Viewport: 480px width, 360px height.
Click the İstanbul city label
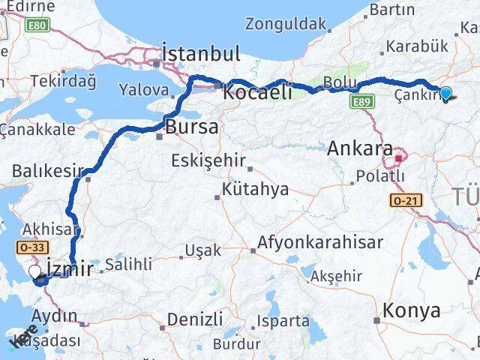coord(202,54)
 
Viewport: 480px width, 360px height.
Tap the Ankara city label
coord(360,148)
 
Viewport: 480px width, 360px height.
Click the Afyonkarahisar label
coord(320,243)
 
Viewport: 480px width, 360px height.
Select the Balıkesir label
coord(47,172)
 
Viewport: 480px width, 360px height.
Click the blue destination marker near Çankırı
coord(446,94)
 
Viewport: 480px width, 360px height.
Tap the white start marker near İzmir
coord(35,272)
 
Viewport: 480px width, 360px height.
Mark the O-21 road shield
coord(403,201)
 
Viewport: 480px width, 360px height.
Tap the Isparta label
coord(282,321)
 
